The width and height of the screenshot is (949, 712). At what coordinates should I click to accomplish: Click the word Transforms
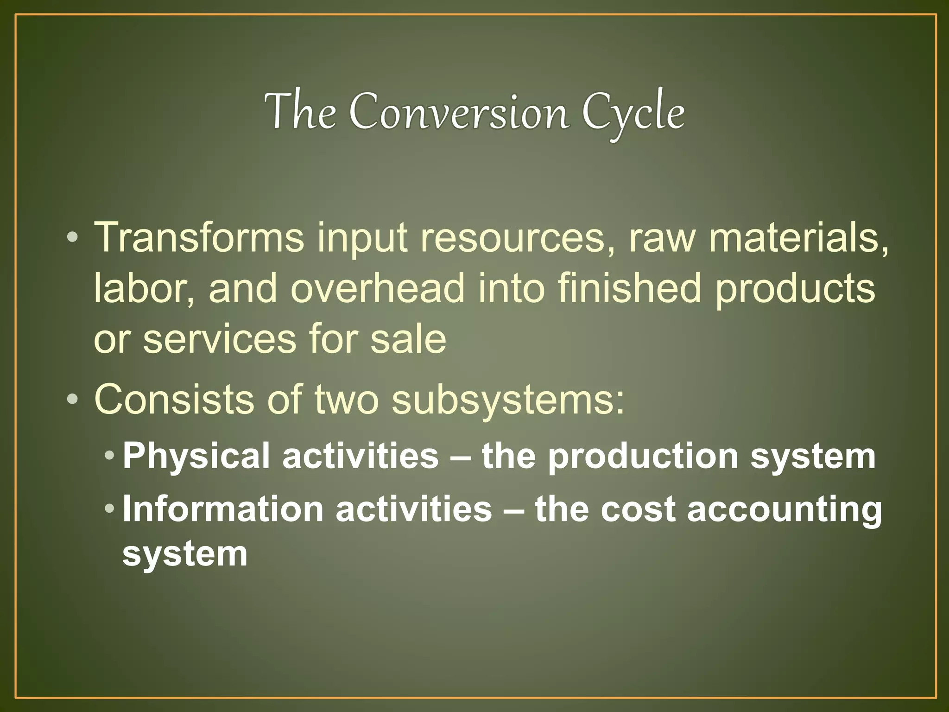pyautogui.click(x=199, y=237)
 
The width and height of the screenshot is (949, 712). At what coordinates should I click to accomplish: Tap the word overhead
pyautogui.click(x=378, y=288)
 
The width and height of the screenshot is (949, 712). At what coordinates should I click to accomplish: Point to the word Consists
pyautogui.click(x=174, y=399)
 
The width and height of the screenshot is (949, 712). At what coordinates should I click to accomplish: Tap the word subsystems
pyautogui.click(x=508, y=400)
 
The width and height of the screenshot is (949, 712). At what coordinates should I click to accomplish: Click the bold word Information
pyautogui.click(x=222, y=509)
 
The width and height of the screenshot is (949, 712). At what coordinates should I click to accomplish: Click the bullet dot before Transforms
pyautogui.click(x=72, y=238)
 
